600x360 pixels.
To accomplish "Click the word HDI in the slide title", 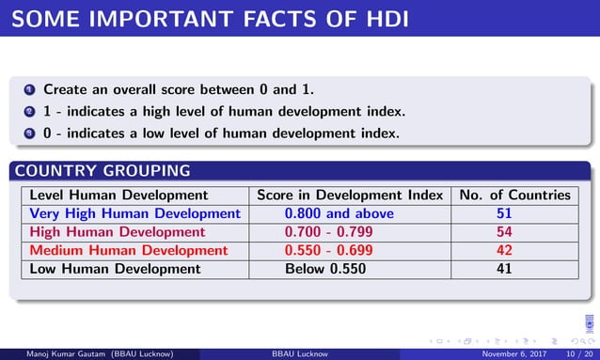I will (380, 17).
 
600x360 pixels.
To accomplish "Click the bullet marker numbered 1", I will (29, 90).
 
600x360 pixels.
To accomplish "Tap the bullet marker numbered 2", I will (29, 112).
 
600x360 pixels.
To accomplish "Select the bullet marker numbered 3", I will (29, 133).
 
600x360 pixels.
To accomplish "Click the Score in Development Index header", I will (350, 196).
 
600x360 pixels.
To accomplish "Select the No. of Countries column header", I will (514, 196).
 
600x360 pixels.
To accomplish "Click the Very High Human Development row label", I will (135, 213).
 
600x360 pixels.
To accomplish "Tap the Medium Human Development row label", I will (129, 250).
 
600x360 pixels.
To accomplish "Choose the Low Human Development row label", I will (116, 269).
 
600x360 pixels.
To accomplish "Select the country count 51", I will (504, 213).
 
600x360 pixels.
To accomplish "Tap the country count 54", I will (504, 231).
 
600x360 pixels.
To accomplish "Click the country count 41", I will (504, 269).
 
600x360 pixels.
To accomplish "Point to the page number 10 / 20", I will (576, 353).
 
